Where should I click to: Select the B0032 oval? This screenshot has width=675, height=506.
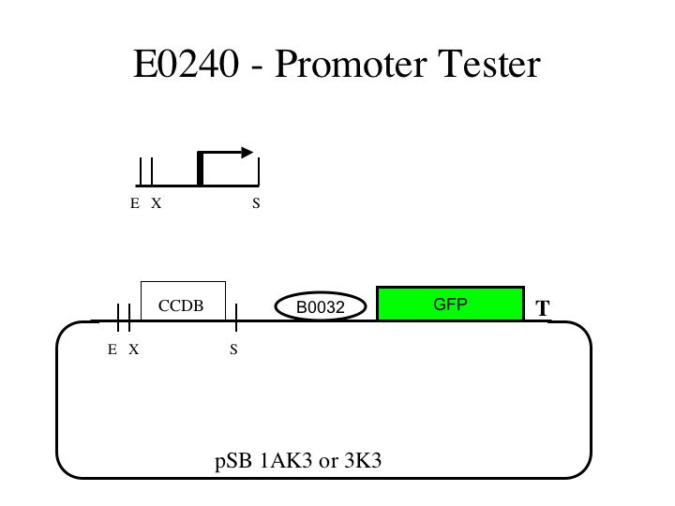click(x=321, y=306)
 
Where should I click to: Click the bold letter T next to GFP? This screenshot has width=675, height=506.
click(x=543, y=308)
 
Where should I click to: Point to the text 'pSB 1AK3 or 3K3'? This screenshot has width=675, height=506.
click(x=298, y=461)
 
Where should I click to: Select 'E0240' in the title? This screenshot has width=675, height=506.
click(x=184, y=65)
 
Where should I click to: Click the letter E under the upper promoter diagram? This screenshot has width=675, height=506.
click(x=135, y=203)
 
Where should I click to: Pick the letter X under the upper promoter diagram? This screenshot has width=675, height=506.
click(x=157, y=203)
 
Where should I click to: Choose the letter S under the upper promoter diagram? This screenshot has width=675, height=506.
click(x=256, y=203)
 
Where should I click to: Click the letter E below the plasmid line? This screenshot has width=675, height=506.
click(x=112, y=350)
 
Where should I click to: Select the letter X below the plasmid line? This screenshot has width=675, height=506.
click(x=134, y=350)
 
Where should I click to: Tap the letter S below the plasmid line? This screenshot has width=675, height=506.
click(x=233, y=350)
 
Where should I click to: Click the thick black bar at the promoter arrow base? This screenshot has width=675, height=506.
click(x=201, y=168)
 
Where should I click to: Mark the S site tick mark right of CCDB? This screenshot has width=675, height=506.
click(x=236, y=318)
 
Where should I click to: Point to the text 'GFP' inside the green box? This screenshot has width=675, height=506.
click(x=450, y=304)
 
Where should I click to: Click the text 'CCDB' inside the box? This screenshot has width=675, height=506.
click(x=180, y=306)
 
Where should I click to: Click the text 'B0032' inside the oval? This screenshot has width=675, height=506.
click(x=321, y=307)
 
